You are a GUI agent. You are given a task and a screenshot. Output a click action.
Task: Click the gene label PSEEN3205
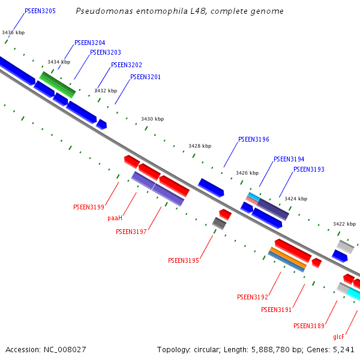40,11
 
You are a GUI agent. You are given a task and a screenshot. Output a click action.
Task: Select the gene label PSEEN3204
90,43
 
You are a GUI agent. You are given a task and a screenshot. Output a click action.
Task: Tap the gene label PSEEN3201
145,77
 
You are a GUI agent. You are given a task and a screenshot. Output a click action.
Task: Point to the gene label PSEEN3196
253,139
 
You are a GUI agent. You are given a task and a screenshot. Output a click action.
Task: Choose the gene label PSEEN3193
308,169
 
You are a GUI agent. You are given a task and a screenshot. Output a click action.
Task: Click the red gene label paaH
115,218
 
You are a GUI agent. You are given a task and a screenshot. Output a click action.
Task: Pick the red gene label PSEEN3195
183,260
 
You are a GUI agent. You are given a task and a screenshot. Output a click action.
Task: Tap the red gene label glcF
338,337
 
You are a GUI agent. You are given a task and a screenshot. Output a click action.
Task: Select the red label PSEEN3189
308,326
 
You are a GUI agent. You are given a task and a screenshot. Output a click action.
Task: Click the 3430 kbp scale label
152,119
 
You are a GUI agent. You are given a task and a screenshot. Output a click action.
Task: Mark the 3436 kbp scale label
13,32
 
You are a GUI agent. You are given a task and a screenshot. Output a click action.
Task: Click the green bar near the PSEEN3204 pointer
58,85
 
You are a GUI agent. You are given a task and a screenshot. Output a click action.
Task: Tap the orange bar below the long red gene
288,258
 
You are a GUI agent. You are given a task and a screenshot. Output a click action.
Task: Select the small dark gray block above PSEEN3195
220,223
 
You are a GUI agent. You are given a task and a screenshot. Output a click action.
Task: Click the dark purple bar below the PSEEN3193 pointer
273,208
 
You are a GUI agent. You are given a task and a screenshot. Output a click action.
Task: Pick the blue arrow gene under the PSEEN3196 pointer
211,188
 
